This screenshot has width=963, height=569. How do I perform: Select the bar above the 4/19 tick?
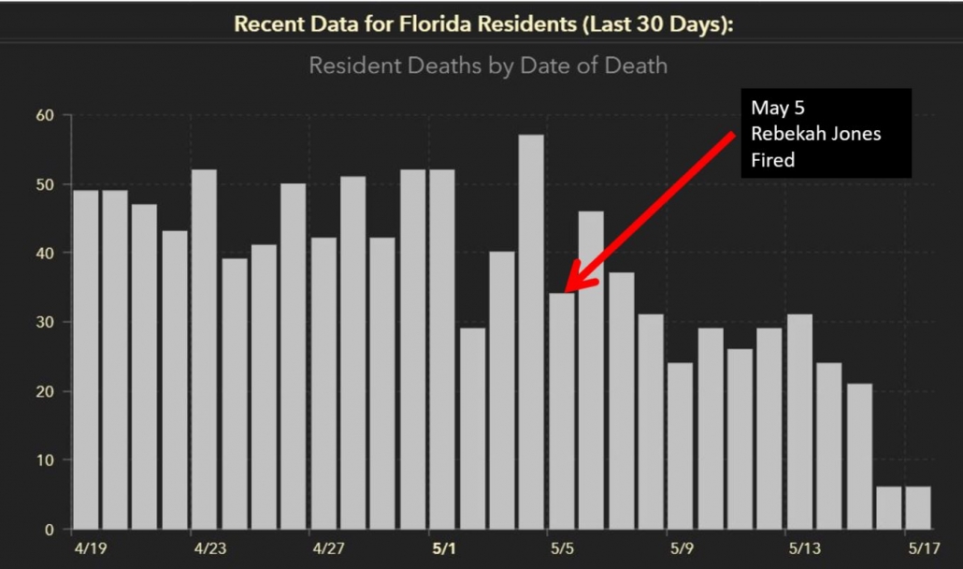(85, 359)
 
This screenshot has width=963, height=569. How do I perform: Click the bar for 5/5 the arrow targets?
(561, 411)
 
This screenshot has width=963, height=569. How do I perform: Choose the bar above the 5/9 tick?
(680, 445)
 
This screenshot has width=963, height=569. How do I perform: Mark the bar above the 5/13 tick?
(799, 421)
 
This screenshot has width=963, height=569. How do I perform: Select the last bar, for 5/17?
(918, 507)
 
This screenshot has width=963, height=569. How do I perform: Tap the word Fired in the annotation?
(772, 160)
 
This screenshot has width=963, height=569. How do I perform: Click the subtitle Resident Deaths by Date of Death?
(487, 66)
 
